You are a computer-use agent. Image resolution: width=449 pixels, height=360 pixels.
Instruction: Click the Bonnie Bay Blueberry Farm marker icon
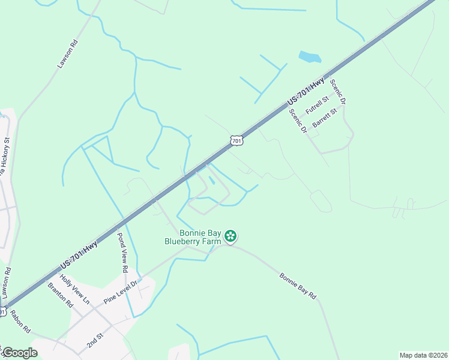230,237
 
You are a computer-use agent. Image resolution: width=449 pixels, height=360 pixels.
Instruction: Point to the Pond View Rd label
122,253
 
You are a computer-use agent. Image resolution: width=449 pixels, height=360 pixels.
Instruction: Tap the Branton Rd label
60,295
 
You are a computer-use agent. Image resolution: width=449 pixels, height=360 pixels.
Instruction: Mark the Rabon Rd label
20,322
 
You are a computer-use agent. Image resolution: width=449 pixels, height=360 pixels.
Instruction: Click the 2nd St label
94,341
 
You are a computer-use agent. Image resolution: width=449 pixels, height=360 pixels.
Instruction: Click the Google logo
19,353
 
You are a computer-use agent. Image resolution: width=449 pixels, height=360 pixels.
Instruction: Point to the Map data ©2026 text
423,355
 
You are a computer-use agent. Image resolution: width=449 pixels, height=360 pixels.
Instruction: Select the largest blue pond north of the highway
310,57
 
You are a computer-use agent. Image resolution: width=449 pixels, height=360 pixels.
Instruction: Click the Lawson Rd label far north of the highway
68,54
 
